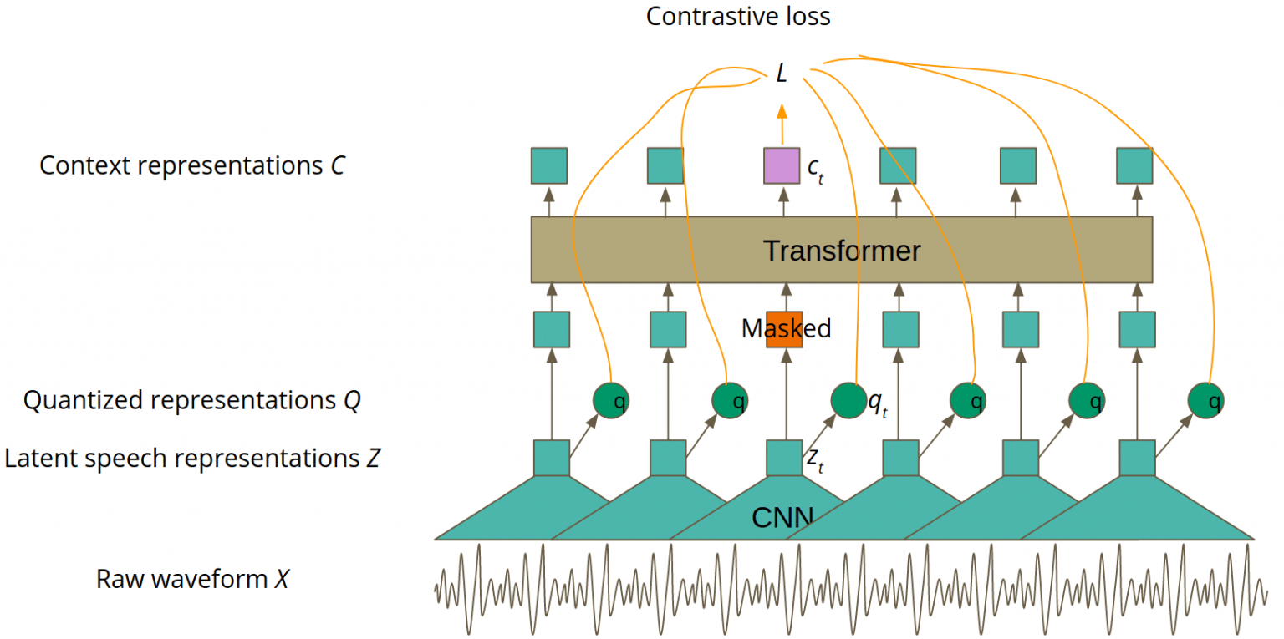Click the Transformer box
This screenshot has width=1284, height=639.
pyautogui.click(x=842, y=250)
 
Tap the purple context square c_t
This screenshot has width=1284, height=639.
pyautogui.click(x=782, y=165)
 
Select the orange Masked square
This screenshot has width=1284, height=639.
pyautogui.click(x=784, y=329)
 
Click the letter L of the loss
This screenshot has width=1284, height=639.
pyautogui.click(x=782, y=74)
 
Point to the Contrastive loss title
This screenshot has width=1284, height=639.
pyautogui.click(x=738, y=16)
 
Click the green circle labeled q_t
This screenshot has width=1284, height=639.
pyautogui.click(x=848, y=402)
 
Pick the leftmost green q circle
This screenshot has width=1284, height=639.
pyautogui.click(x=610, y=402)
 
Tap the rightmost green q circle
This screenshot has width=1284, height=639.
pyautogui.click(x=1206, y=402)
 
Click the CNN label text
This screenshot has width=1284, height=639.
pyautogui.click(x=782, y=518)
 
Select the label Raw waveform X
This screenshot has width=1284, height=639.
pyautogui.click(x=192, y=579)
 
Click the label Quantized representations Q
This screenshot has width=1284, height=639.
pyautogui.click(x=191, y=401)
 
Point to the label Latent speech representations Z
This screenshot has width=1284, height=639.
pyautogui.click(x=192, y=459)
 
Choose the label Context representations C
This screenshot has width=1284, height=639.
pyautogui.click(x=191, y=165)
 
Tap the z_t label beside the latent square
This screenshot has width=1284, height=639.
pyautogui.click(x=814, y=459)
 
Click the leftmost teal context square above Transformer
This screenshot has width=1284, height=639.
pyautogui.click(x=549, y=165)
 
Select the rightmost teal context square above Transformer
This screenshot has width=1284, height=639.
pyautogui.click(x=1135, y=165)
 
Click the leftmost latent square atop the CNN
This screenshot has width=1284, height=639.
pyautogui.click(x=551, y=458)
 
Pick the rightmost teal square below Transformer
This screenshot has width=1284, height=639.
pyautogui.click(x=1136, y=329)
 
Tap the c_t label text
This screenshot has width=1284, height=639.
pyautogui.click(x=815, y=169)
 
